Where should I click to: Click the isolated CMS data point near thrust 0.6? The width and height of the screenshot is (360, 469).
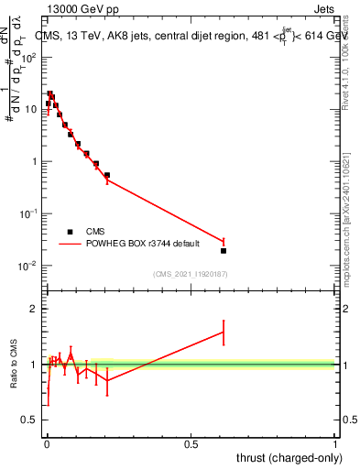click(x=224, y=250)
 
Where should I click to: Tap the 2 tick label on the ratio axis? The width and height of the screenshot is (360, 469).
click(x=35, y=309)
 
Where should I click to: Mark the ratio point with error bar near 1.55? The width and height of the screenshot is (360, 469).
click(x=224, y=333)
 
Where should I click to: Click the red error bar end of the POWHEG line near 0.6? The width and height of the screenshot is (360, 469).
click(x=224, y=241)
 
